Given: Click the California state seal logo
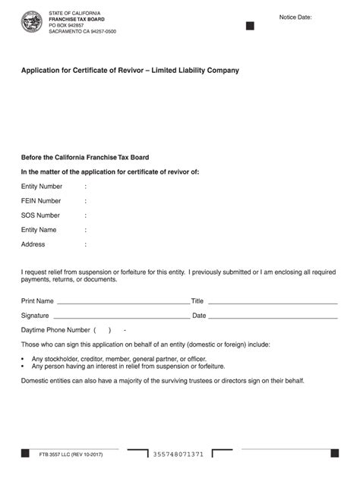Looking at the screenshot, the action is [x=32, y=21].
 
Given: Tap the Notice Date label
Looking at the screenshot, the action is [x=295, y=16].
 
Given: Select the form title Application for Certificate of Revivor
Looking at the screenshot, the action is [x=130, y=71].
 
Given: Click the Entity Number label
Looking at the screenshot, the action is [x=42, y=186].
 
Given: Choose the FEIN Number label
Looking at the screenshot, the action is [x=41, y=201].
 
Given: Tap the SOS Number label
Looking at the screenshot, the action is [x=40, y=215].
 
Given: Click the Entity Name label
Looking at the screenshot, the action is [x=39, y=230].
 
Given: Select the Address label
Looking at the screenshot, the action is [x=33, y=244].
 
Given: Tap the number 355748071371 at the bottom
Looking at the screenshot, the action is [x=178, y=454].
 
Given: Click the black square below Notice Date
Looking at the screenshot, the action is [x=250, y=26].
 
